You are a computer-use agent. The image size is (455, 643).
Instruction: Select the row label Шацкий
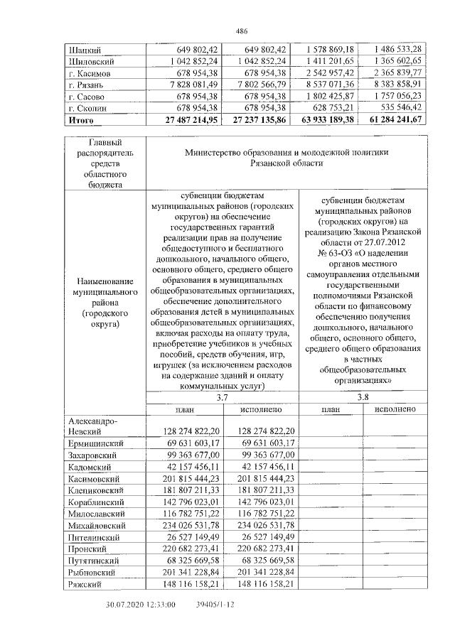point(83,50)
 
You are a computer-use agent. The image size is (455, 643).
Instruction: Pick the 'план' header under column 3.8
point(331,410)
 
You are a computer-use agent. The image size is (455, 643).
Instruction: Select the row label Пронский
point(88,549)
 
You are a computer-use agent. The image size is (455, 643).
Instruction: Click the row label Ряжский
point(86,584)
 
